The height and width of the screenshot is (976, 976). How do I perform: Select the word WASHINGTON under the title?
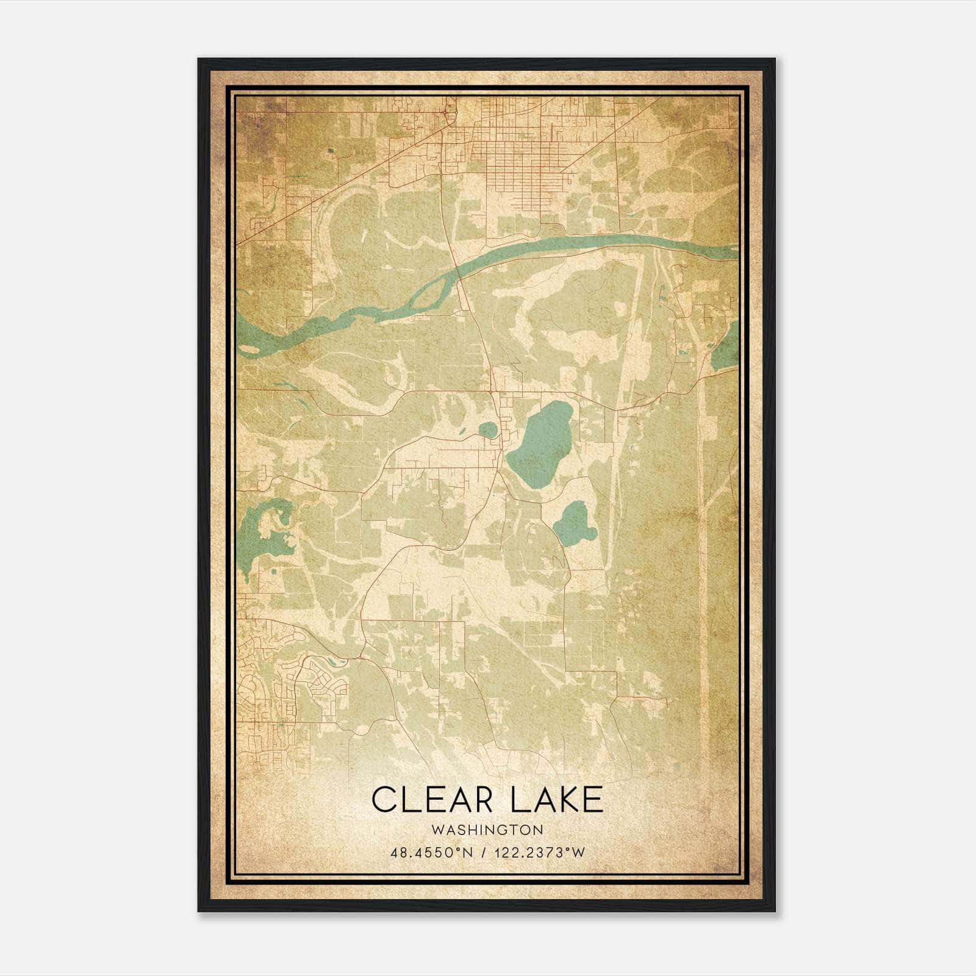pos(487,830)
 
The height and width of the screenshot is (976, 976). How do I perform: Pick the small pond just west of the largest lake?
pos(488,431)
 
